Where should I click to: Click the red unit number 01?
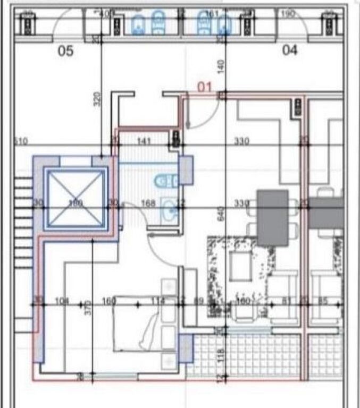205,86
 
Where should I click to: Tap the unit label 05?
65,51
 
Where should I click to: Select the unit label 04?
289,51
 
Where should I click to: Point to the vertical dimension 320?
97,98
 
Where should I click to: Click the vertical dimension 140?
222,66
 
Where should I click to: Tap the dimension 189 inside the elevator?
77,203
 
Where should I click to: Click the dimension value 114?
157,302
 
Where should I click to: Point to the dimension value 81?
285,302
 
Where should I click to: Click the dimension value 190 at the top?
288,14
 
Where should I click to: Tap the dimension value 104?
62,302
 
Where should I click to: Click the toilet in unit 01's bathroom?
166,182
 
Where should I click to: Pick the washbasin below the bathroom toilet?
170,210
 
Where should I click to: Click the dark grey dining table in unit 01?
273,217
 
